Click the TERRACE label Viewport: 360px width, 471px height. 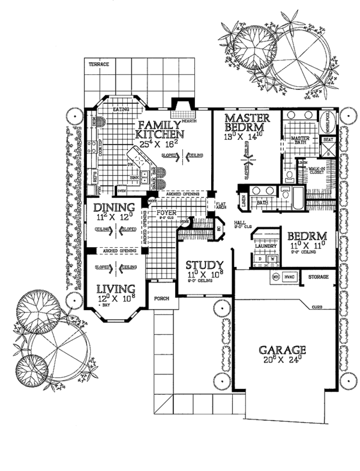tap(96, 64)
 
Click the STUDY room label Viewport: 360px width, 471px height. tap(205, 265)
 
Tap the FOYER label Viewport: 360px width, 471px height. tap(165, 212)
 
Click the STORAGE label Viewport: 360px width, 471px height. tap(318, 277)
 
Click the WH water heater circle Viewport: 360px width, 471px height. tap(277, 277)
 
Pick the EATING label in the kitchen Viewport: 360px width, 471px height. tap(122, 109)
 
